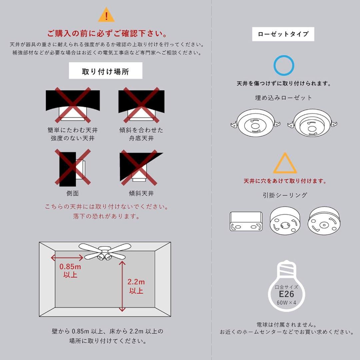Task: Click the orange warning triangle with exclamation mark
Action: [x=106, y=15]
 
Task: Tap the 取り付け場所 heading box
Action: [x=105, y=71]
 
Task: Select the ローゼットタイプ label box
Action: [x=283, y=34]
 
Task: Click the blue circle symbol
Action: [x=284, y=66]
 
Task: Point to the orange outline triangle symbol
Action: [x=285, y=164]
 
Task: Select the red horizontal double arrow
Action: [x=67, y=257]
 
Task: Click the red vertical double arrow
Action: [x=122, y=286]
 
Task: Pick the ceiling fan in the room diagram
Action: [x=104, y=252]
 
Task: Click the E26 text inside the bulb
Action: [x=286, y=294]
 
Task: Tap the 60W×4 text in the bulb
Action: [x=286, y=302]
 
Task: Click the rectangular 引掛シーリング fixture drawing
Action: [x=246, y=221]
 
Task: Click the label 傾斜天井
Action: [x=141, y=193]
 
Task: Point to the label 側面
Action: [x=73, y=193]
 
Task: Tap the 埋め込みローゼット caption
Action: [x=284, y=98]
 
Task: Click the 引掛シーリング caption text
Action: [x=285, y=195]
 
